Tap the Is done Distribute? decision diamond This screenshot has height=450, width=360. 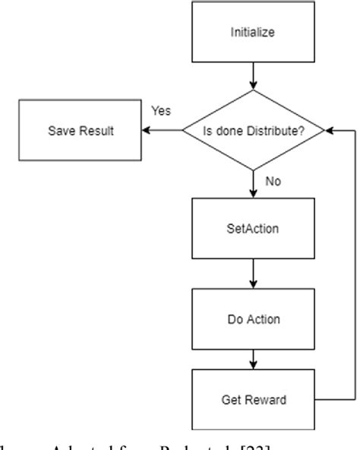pyautogui.click(x=253, y=130)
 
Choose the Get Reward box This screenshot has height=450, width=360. pyautogui.click(x=253, y=399)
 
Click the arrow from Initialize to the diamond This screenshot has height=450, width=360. pyautogui.click(x=253, y=78)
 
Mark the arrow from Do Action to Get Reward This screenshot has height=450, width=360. pyautogui.click(x=253, y=357)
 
